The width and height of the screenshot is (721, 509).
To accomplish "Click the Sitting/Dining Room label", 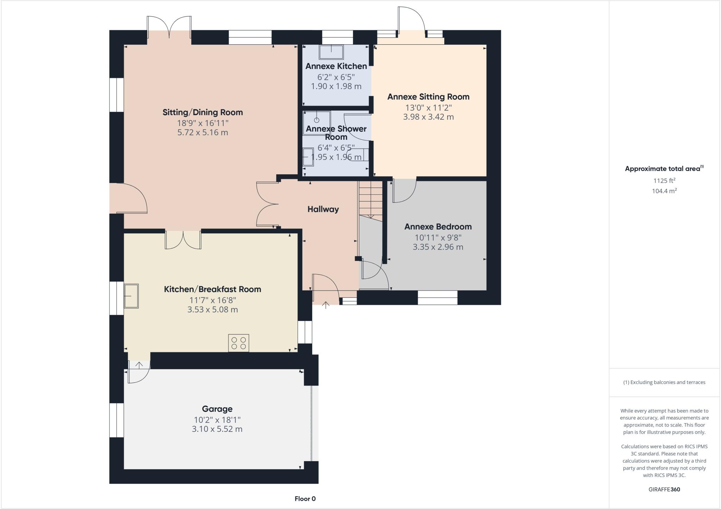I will [x=202, y=112].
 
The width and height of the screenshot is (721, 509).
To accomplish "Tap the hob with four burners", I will [x=238, y=343].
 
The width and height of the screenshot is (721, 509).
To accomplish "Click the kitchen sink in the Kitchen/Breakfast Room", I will [x=131, y=296].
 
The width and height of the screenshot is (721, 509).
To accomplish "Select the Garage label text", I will [x=217, y=409].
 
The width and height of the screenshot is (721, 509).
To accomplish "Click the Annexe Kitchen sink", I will [x=331, y=52].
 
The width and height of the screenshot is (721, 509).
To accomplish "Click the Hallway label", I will [x=323, y=209].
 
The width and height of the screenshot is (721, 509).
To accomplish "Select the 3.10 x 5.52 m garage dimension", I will [x=217, y=429].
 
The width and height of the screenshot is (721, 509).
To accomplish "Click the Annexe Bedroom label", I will [x=438, y=227].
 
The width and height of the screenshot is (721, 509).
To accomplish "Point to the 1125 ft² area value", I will [x=664, y=181].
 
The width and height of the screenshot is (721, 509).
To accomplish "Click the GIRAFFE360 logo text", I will [x=664, y=489].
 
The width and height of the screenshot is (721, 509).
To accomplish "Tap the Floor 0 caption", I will [x=305, y=498].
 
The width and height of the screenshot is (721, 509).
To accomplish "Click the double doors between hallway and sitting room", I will [x=267, y=204].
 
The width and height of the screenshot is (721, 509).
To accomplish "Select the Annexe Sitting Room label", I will [x=428, y=97].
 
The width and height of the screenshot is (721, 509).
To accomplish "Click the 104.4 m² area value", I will [x=664, y=191].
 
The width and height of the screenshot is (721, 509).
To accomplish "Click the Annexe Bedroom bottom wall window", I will [x=437, y=297].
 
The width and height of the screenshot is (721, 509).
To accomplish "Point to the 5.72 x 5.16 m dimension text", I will [x=202, y=133].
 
